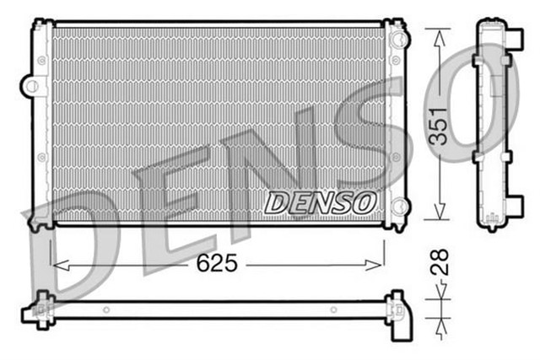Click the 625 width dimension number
point(219,264)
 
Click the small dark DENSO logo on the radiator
point(320,202)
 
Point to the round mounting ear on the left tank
point(32,85)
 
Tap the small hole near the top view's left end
point(105,309)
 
